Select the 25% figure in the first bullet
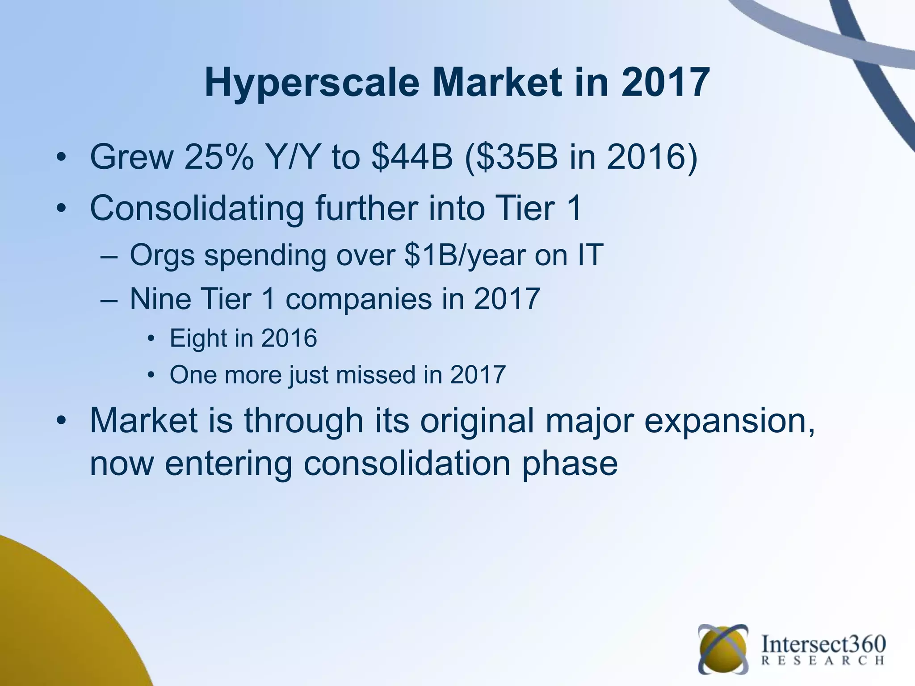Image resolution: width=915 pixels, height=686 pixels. (x=218, y=157)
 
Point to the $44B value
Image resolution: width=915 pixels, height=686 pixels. (x=412, y=157)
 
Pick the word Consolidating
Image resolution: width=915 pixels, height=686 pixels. (x=197, y=208)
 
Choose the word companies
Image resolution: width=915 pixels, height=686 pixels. (x=359, y=299)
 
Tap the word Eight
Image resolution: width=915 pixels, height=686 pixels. (x=198, y=338)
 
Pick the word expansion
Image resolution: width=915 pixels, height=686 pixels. (x=729, y=422)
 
